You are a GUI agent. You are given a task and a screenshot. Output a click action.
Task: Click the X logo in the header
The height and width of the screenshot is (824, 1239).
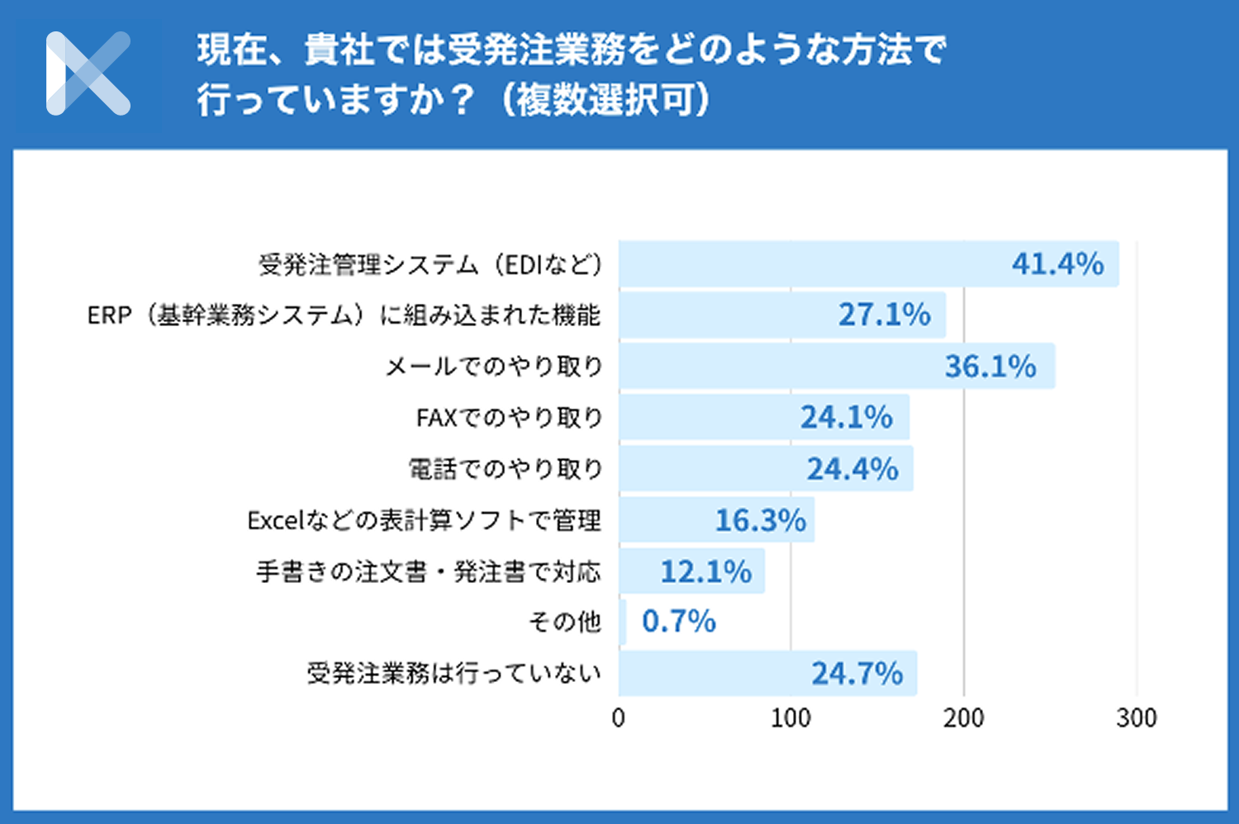[x=88, y=73]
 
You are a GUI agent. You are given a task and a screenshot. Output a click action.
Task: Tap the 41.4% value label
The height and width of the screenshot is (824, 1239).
[x=1057, y=264]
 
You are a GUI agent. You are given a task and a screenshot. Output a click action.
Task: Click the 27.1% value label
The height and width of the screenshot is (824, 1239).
[x=884, y=315]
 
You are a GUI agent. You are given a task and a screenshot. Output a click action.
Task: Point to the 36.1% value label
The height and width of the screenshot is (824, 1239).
[x=990, y=366]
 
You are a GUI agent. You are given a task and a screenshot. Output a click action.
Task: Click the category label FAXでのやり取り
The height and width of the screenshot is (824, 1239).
[x=509, y=418]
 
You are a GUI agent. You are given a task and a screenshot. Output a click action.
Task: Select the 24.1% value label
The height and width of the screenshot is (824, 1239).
[x=846, y=417]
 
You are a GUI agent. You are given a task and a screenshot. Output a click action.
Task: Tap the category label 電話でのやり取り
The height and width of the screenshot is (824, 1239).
[x=506, y=469]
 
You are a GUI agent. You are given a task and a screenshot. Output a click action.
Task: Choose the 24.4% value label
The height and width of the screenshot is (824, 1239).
[x=852, y=469]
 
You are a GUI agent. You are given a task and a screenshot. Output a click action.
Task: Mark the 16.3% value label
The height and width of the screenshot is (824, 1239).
[x=760, y=520]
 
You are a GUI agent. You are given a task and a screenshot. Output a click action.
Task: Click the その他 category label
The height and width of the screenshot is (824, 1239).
[x=564, y=622]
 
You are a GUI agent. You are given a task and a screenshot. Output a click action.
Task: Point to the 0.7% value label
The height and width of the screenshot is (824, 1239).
[x=678, y=622]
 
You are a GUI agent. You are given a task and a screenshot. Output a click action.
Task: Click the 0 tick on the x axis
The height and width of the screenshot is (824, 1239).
[x=619, y=717]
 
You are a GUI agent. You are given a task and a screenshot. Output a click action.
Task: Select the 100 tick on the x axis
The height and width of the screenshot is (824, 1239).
[x=790, y=717]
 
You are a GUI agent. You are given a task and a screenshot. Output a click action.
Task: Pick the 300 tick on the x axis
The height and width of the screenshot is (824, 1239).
[x=1136, y=717]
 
